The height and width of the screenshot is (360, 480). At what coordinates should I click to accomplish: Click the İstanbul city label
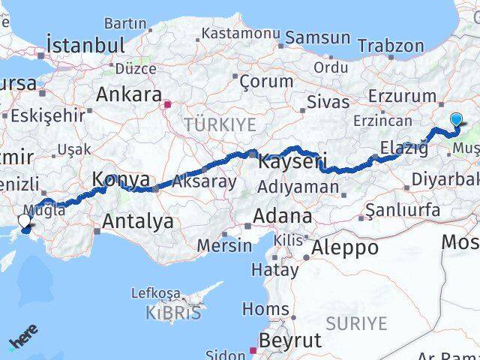pyautogui.click(x=85, y=45)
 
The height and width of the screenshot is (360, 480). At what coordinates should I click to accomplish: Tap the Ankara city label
pyautogui.click(x=129, y=95)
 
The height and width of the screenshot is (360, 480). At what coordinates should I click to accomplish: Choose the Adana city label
pyautogui.click(x=282, y=216)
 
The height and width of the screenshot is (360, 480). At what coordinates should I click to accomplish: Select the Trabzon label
pyautogui.click(x=390, y=46)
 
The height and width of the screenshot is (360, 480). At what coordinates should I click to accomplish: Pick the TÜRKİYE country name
pyautogui.click(x=220, y=124)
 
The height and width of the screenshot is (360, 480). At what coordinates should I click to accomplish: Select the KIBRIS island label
pyautogui.click(x=174, y=312)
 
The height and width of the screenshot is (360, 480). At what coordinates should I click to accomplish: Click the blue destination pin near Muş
pyautogui.click(x=457, y=118)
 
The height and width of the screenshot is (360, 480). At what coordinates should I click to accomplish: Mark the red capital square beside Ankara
pyautogui.click(x=169, y=104)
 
